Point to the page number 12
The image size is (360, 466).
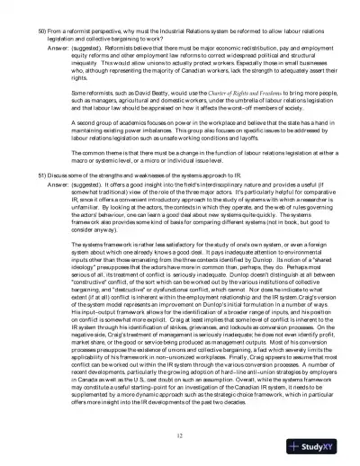tap(180, 435)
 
